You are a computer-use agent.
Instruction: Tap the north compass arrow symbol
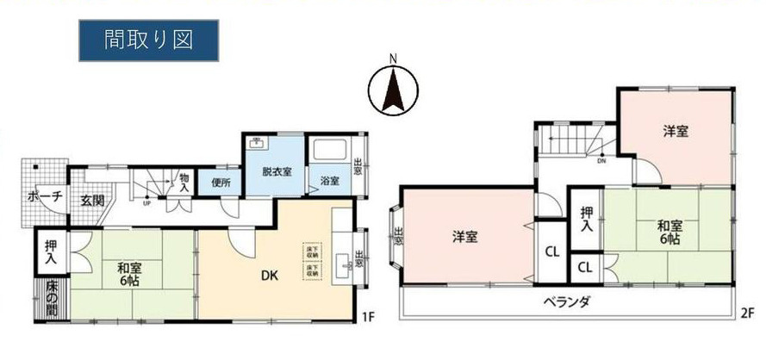pos(393,88)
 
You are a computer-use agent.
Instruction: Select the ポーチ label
pos(45,196)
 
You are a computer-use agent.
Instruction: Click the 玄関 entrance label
pos(92,201)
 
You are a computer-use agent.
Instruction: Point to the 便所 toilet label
pos(220,182)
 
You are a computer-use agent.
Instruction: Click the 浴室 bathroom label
pos(329,182)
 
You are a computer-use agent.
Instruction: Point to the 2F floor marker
pos(746,312)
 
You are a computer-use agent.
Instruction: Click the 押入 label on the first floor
pos(52,251)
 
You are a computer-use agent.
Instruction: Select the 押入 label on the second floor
pos(586,219)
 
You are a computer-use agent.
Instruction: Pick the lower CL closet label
pos(584,268)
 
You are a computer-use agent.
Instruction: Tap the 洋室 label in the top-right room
pos(675,132)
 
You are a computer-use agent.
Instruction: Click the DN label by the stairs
pos(601,160)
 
